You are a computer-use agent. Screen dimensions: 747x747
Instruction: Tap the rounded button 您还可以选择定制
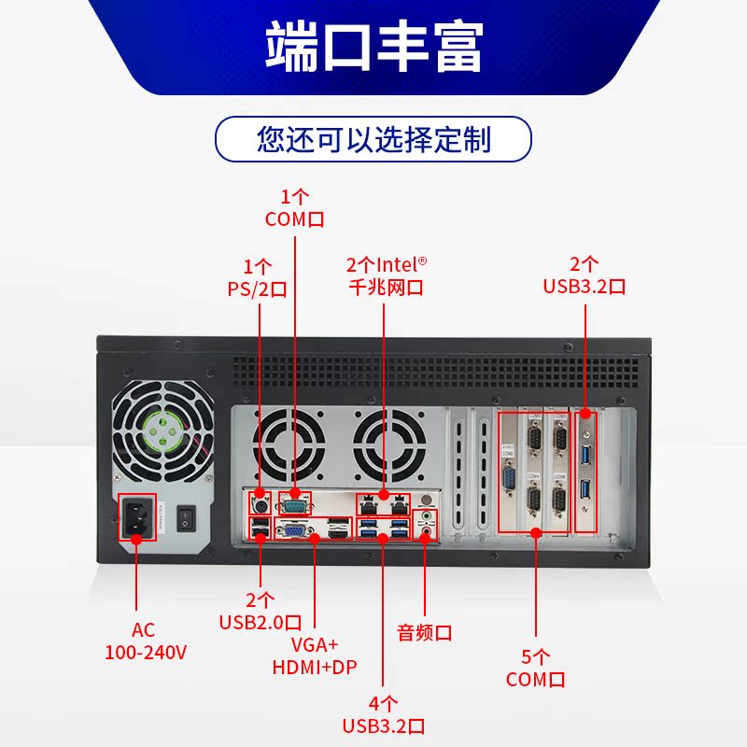click(x=373, y=140)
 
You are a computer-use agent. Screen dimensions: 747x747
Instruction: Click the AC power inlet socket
click(x=136, y=516)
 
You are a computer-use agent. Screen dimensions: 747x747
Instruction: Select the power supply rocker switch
click(x=186, y=516)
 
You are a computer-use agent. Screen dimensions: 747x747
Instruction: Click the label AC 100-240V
click(x=146, y=641)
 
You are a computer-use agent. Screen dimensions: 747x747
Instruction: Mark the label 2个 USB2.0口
click(x=260, y=610)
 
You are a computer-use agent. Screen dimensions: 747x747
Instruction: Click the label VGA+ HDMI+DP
click(x=315, y=655)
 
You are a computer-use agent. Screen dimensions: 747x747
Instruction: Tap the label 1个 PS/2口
click(x=257, y=276)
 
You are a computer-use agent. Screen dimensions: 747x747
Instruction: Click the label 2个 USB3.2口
click(x=585, y=275)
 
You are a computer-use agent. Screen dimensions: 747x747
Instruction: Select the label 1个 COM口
click(x=295, y=208)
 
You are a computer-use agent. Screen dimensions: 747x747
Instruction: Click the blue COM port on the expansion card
click(x=511, y=480)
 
